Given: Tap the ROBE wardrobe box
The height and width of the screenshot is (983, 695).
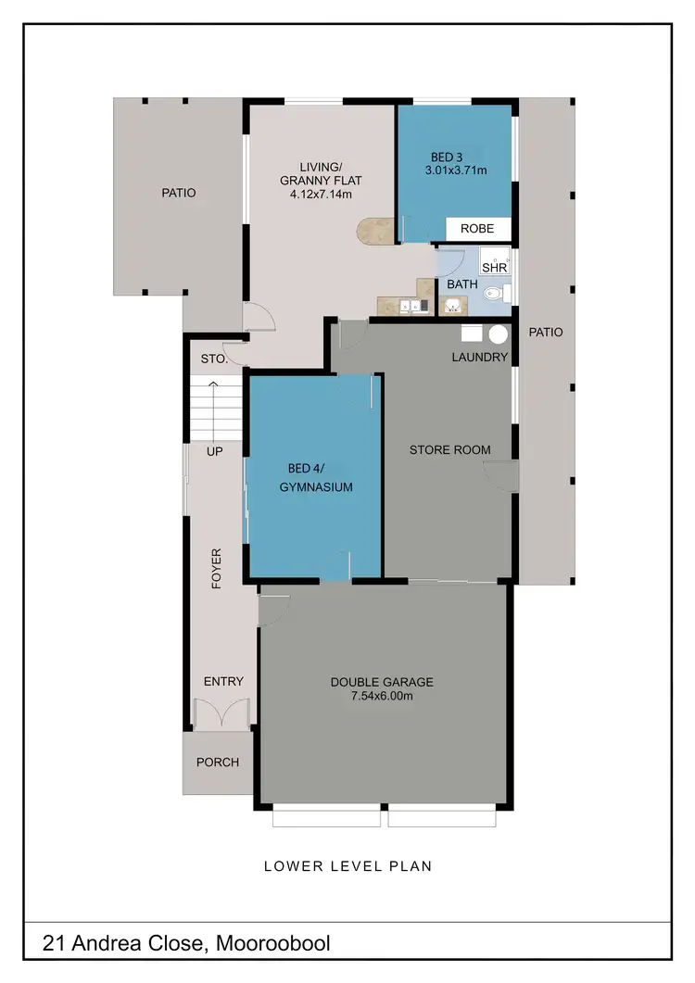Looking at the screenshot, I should tap(478, 228).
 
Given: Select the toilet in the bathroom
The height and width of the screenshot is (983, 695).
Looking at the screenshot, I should tap(495, 294).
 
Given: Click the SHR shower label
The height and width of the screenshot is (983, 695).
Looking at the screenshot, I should tap(494, 267).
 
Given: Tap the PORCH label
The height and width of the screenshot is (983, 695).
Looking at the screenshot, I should tap(218, 762).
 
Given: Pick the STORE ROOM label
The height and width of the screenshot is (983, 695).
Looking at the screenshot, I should tap(450, 450).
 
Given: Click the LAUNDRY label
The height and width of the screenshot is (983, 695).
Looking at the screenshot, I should tap(479, 357).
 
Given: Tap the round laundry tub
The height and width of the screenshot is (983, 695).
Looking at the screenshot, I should tap(499, 334).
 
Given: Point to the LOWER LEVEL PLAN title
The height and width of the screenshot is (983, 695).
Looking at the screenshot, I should tap(347, 867).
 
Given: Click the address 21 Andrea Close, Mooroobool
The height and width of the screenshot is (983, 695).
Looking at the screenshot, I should tap(186, 944).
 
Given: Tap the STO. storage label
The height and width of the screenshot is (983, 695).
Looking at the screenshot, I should tap(215, 359).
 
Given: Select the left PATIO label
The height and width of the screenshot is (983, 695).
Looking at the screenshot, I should tap(178, 193).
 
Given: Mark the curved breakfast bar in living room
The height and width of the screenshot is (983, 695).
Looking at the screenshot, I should tap(376, 232).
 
